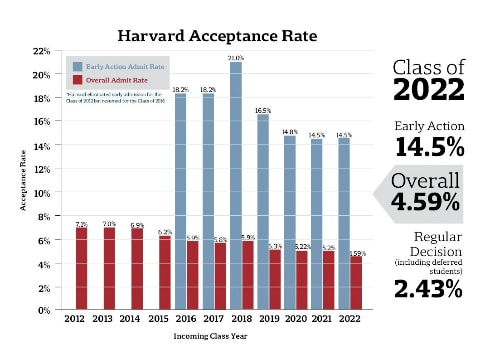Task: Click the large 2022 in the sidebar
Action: [429, 90]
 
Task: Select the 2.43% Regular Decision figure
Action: [428, 290]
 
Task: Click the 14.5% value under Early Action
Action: [428, 148]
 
